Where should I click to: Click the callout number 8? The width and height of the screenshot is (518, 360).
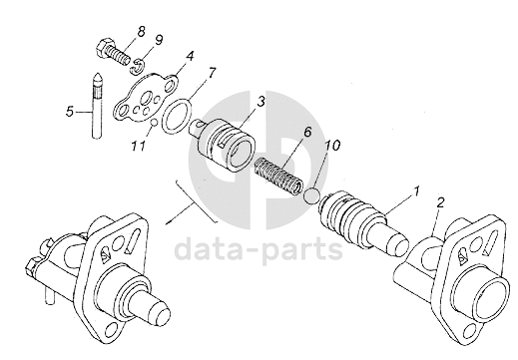click(x=142, y=32)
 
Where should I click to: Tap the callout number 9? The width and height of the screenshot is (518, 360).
click(x=159, y=40)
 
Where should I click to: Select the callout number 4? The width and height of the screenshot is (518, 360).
click(x=190, y=56)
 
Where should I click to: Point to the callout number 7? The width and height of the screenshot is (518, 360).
click(x=212, y=73)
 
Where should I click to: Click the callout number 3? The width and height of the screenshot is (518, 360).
click(x=260, y=102)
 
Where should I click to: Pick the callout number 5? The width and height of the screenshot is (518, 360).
click(x=70, y=111)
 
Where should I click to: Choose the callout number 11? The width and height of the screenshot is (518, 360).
click(x=138, y=146)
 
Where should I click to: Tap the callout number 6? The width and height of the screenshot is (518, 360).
click(x=307, y=132)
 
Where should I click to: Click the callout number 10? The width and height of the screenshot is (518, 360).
click(x=332, y=146)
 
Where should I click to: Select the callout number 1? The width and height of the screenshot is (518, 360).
click(x=415, y=191)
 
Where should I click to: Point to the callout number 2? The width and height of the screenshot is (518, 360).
click(x=440, y=202)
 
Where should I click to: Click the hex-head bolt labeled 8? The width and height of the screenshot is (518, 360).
click(x=113, y=53)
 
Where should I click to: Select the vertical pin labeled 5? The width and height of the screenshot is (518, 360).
click(x=97, y=106)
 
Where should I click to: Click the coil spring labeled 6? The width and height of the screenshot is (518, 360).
click(x=278, y=176)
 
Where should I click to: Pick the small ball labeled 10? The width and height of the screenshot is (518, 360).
click(x=312, y=195)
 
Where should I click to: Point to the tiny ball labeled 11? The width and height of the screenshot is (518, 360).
click(x=154, y=123)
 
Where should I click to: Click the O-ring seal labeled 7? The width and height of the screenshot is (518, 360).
click(x=177, y=117)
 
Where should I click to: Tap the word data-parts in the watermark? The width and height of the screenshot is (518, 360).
click(x=259, y=249)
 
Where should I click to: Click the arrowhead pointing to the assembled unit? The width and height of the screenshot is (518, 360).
click(x=169, y=222)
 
